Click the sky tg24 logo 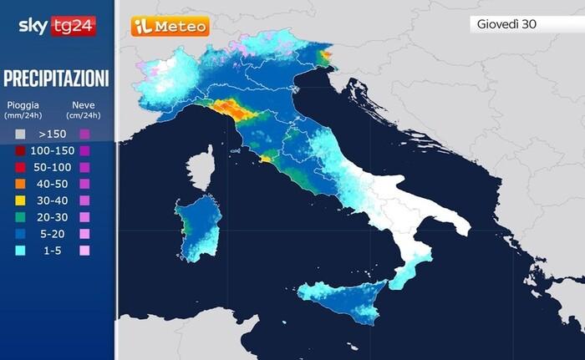[57, 26]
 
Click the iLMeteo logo [170, 27]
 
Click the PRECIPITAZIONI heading [57, 79]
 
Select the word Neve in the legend [83, 105]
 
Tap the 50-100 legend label [52, 167]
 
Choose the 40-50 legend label [53, 184]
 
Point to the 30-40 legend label [53, 200]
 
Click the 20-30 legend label [53, 217]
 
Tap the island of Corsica [201, 168]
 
